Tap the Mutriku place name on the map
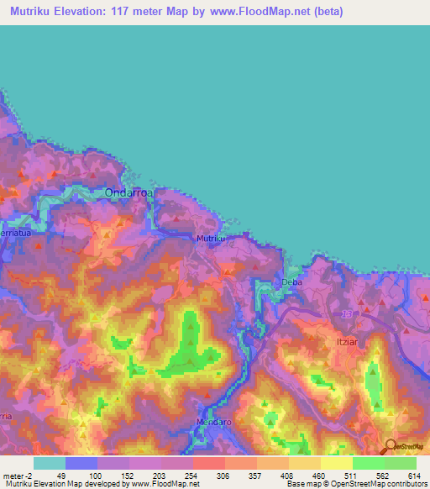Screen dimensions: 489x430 pos(210,239)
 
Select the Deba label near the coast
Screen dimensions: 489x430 pos(291,282)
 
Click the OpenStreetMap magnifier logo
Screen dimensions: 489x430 pos(391,446)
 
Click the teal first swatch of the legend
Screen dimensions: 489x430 pos(49,463)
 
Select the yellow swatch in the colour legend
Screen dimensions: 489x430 pos(336,463)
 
